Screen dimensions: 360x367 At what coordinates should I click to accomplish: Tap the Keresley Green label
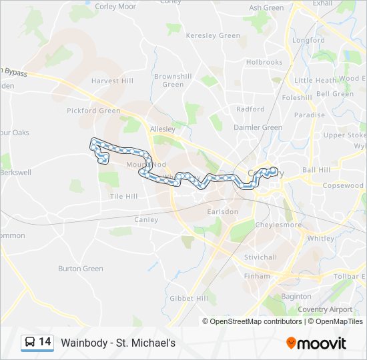212,35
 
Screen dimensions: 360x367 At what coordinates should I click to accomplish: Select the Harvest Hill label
112,81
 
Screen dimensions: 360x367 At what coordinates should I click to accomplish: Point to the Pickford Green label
93,111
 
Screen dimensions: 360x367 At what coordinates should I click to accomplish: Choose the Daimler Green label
258,127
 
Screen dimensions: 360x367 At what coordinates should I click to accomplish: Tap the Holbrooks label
264,62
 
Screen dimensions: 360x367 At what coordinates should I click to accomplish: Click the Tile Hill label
123,196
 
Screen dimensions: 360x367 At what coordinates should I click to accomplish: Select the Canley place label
146,219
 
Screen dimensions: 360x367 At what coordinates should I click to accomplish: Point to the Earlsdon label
223,211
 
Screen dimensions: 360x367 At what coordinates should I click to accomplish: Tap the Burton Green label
81,269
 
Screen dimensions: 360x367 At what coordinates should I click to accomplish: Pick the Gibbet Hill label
189,298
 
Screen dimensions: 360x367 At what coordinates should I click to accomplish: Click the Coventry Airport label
325,309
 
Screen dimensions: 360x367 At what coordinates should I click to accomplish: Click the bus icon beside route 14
29,343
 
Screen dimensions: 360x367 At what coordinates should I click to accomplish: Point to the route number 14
45,342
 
